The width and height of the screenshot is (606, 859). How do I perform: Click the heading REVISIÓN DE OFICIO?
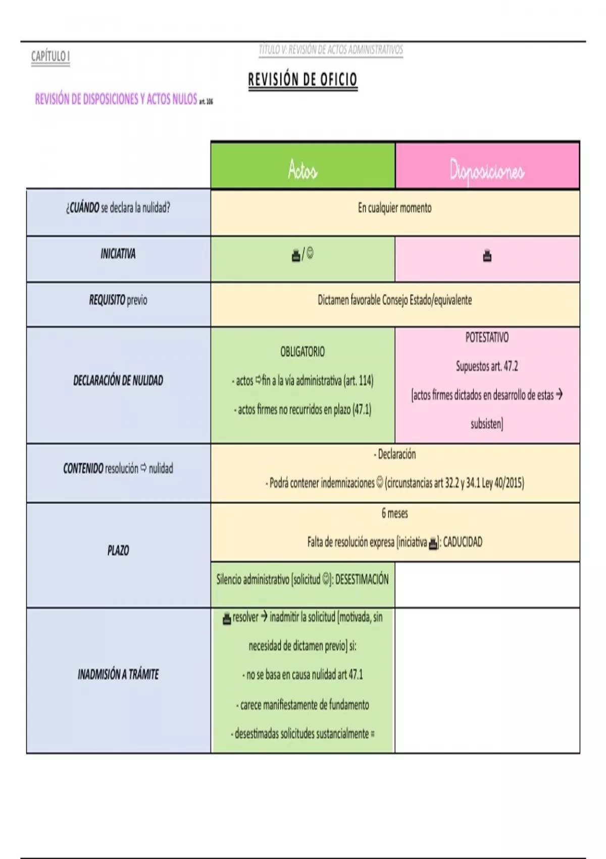coord(303,79)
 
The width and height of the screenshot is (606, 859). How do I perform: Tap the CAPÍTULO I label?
coord(50,57)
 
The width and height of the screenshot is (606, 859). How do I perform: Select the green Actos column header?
coord(303,166)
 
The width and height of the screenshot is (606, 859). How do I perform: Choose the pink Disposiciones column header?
coord(487,166)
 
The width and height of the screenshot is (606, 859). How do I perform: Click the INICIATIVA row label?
coord(118,254)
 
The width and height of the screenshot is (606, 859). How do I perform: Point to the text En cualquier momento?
coord(395,208)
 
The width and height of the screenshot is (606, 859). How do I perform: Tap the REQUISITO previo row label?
coord(118,300)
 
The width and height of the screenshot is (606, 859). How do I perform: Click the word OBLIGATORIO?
coord(302,352)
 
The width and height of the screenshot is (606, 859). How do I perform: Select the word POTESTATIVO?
coord(487,338)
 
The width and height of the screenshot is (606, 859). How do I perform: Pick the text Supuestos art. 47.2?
coord(487,366)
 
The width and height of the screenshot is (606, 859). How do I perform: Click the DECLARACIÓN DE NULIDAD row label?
coord(118,380)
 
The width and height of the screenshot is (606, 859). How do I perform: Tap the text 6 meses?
coord(395,513)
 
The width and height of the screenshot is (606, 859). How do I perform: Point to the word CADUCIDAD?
coord(463,542)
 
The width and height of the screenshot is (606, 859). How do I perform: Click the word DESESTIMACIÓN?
coord(362,579)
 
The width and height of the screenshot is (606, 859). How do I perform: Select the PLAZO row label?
coord(118,551)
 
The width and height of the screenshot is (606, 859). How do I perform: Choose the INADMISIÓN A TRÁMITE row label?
coord(118,674)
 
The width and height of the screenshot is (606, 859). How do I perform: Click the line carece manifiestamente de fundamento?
coord(302,705)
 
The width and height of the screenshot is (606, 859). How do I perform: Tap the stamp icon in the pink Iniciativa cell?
coord(487,255)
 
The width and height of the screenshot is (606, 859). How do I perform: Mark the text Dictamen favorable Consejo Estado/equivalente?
coord(395,300)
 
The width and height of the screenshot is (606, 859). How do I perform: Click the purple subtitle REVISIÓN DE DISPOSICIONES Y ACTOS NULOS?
coord(116,99)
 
